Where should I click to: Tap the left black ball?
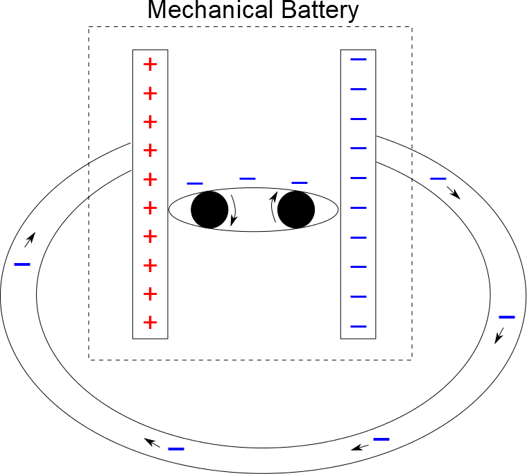point(209,210)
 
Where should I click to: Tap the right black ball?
point(296,210)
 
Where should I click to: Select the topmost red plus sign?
point(150,65)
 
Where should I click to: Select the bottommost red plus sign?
point(150,322)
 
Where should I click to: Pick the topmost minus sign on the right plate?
point(358,59)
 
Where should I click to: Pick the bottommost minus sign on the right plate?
point(358,326)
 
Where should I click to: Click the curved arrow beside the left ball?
point(234,210)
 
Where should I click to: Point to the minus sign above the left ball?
point(195,183)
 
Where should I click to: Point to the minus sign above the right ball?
point(300,183)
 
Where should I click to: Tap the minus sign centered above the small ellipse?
point(248,179)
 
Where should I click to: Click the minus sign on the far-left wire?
point(22,264)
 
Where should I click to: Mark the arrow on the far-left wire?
point(28,241)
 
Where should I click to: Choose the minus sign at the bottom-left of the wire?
point(176,448)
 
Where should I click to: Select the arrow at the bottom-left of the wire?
point(152,442)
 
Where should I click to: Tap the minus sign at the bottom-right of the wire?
point(381,439)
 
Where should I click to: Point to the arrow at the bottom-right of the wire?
point(359,447)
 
